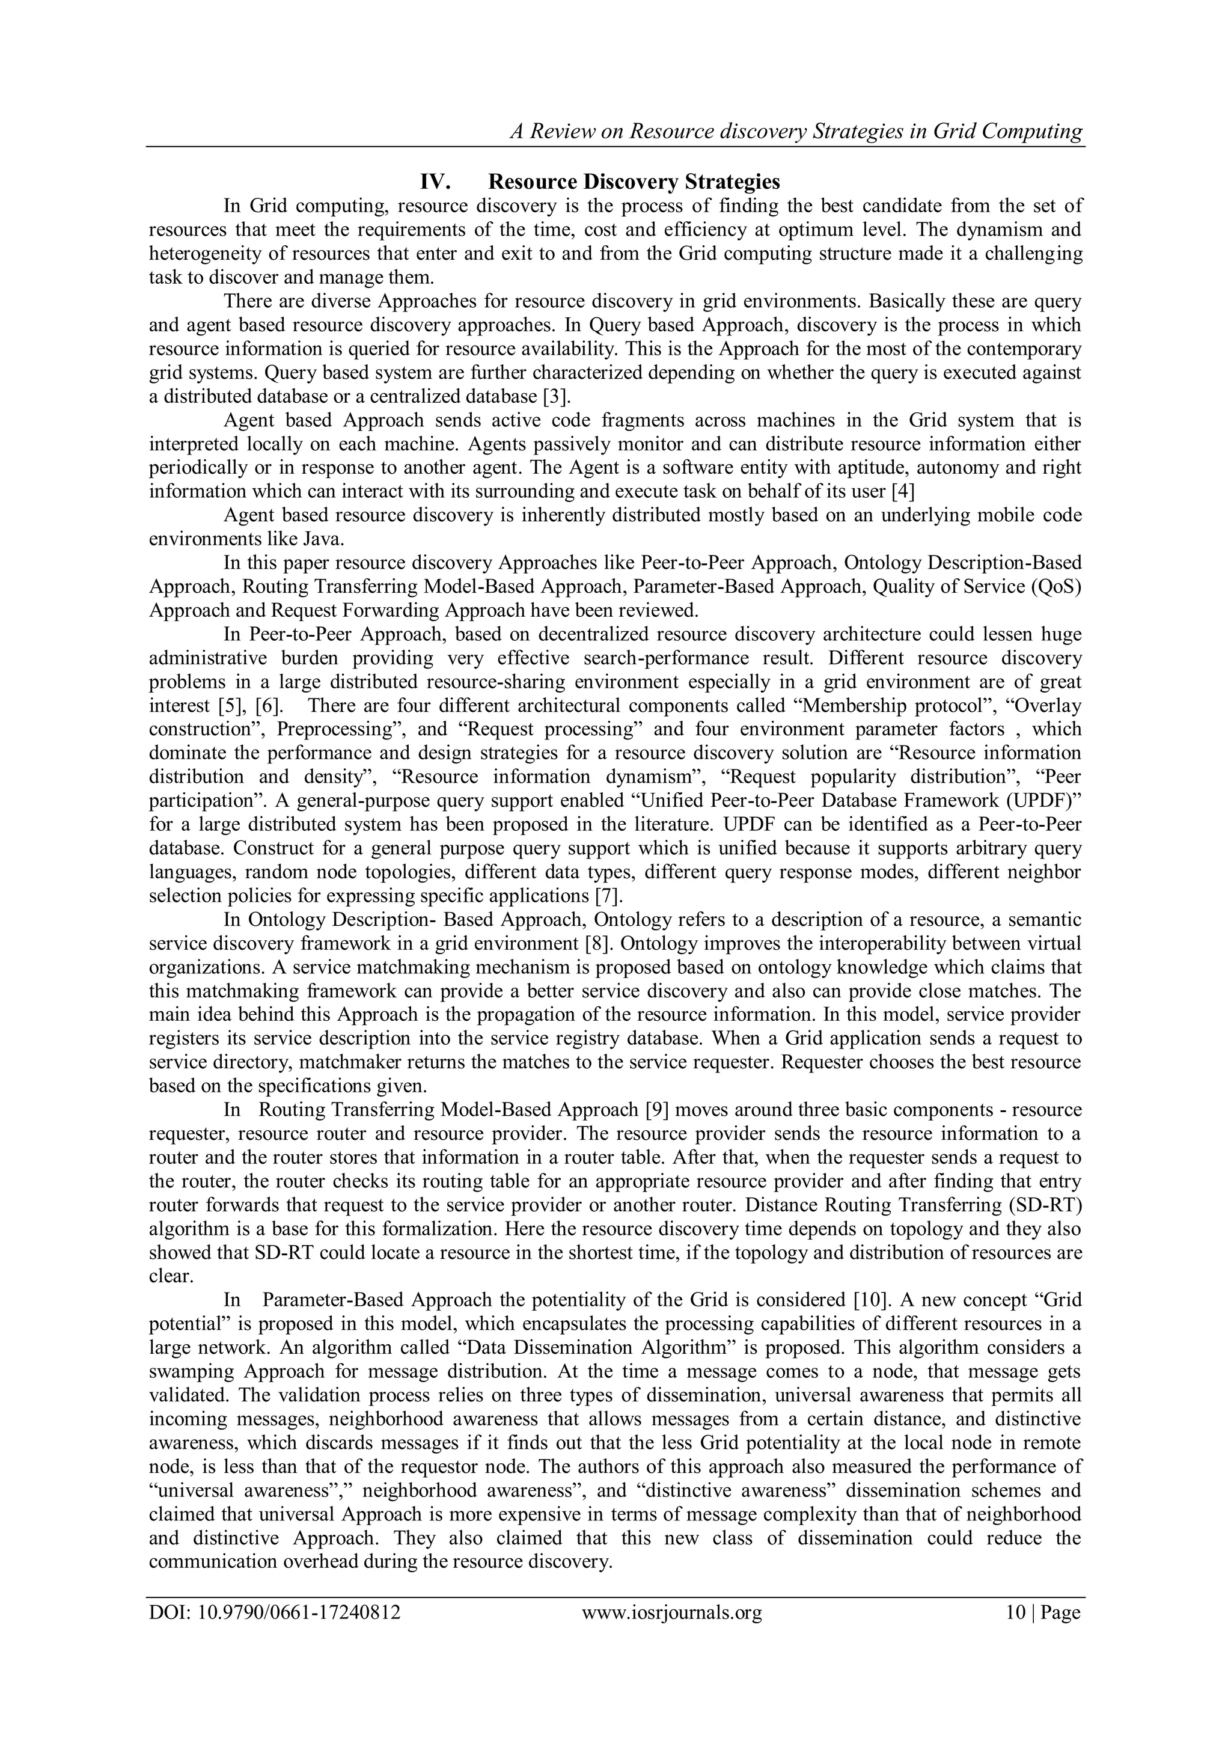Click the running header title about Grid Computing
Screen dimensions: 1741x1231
click(796, 132)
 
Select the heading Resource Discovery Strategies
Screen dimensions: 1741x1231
click(634, 182)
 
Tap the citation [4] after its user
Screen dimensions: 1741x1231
click(903, 491)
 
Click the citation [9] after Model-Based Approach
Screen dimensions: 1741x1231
click(656, 1110)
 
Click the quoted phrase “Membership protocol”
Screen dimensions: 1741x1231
click(891, 706)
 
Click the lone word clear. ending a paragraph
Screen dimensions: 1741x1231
click(171, 1277)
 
